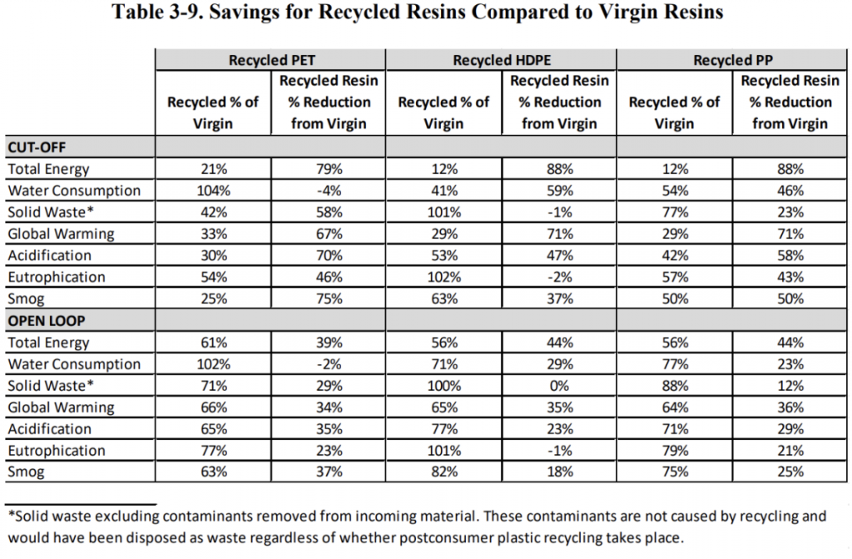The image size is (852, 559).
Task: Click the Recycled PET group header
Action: coord(271,60)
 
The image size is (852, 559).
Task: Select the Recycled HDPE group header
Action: coord(502,60)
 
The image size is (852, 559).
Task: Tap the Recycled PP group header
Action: coord(732,60)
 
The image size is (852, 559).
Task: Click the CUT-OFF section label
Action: coord(37,147)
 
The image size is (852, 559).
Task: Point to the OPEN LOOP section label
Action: coord(47,320)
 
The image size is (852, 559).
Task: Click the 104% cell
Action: coord(214,190)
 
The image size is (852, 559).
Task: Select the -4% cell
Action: coord(329,190)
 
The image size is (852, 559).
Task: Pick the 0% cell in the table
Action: coord(560,386)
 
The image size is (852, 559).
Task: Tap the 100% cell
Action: coord(444,386)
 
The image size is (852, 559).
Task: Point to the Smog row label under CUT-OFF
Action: coord(26,299)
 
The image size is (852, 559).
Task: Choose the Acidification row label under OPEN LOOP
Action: coord(49,429)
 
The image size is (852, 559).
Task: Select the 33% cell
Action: coord(214,234)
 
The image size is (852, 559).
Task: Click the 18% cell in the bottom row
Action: coord(560,472)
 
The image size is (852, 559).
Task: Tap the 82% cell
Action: coord(444,472)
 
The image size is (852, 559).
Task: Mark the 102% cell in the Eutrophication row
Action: coord(444,277)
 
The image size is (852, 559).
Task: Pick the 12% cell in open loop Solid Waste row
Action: coord(790,386)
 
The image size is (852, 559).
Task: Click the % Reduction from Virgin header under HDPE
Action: coord(560,102)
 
